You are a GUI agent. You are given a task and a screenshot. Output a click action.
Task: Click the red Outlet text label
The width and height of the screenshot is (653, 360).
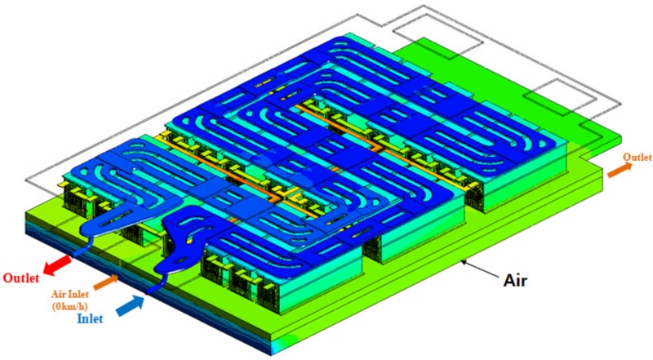tap(21, 278)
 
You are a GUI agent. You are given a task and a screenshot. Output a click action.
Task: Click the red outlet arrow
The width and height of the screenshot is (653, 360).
tap(57, 264)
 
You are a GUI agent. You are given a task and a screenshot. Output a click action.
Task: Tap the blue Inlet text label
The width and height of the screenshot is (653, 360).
tap(90, 318)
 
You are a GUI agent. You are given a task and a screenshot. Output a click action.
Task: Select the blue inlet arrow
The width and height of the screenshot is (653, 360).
tap(131, 305)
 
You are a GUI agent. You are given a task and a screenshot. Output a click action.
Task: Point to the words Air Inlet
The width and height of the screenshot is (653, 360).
tap(70, 294)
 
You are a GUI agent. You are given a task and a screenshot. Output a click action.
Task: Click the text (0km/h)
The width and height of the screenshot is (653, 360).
tap(70, 306)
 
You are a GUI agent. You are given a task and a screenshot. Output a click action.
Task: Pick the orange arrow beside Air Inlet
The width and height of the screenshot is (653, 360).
tap(106, 282)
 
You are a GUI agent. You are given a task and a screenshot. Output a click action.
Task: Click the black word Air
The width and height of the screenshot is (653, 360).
tap(515, 281)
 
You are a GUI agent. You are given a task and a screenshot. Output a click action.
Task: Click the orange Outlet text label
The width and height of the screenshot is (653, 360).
tap(637, 157)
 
